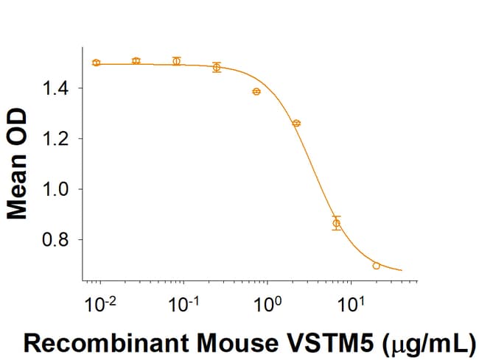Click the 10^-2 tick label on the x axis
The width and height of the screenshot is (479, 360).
[100, 303]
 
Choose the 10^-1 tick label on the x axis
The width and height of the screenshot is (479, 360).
[183, 303]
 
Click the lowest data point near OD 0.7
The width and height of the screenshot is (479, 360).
[377, 266]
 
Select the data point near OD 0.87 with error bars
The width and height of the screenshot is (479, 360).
[337, 223]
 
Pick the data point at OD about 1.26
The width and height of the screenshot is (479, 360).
[296, 123]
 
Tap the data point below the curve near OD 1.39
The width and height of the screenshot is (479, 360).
[256, 91]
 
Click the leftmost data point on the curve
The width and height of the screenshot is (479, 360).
[97, 63]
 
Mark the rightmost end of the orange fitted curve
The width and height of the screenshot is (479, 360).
[402, 270]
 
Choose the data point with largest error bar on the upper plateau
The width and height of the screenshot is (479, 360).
[217, 67]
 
